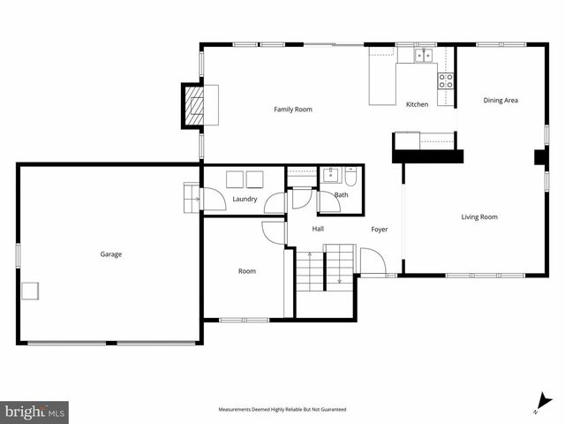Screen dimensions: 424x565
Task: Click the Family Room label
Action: coord(292,110)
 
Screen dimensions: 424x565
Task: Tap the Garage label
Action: coord(110,254)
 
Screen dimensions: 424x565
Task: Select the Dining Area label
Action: coord(501,101)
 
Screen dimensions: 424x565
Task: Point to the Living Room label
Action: coord(479,216)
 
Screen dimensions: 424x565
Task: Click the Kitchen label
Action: coord(417,104)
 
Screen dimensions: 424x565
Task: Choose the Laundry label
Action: coord(245,199)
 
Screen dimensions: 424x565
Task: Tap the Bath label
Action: coord(341,194)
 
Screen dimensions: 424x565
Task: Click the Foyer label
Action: coord(379,230)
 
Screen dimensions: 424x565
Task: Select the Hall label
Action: coord(318,230)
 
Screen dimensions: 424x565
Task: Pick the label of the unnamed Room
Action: coord(247,271)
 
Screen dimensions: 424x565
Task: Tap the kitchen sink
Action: coord(425,56)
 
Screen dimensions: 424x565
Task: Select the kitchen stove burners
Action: coord(446,81)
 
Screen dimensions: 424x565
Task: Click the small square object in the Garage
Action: coord(31,291)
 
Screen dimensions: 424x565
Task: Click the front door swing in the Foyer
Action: coord(372,262)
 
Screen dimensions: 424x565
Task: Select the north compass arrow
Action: coord(545,402)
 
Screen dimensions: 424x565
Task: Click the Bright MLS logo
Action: coord(34,412)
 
